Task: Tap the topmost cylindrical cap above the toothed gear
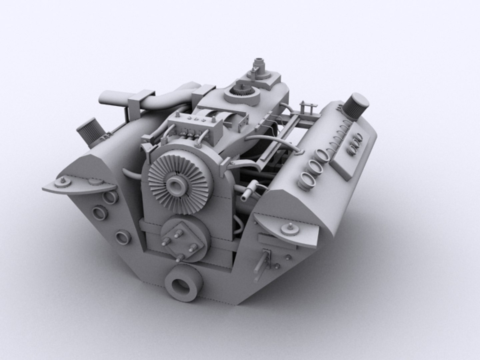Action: tap(259, 63)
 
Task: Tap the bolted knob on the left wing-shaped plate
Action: tap(62, 183)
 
